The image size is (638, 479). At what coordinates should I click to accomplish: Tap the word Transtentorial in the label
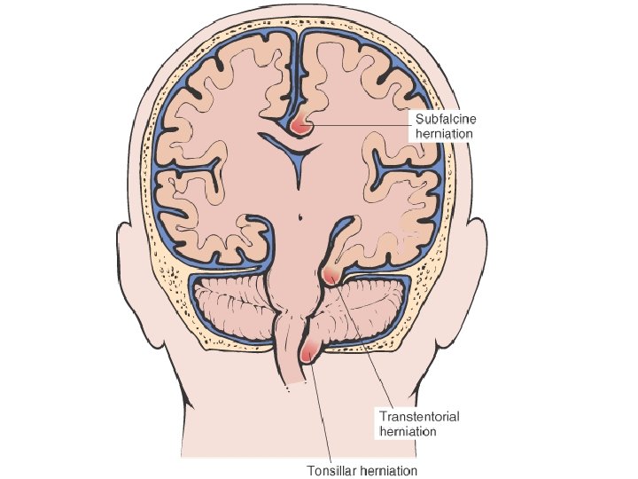[419, 416]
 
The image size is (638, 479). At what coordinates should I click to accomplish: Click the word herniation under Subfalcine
[444, 134]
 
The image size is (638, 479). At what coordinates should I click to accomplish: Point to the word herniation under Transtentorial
[408, 431]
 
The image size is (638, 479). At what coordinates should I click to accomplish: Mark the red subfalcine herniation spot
[303, 125]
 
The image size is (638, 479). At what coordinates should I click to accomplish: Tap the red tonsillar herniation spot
[308, 353]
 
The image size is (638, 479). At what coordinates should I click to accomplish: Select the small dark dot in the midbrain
[301, 213]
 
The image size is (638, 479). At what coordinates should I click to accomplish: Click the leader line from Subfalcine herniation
[363, 126]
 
